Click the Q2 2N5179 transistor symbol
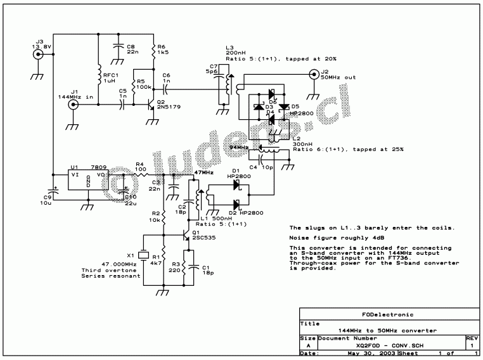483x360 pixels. pos(150,105)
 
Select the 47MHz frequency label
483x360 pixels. pos(203,172)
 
